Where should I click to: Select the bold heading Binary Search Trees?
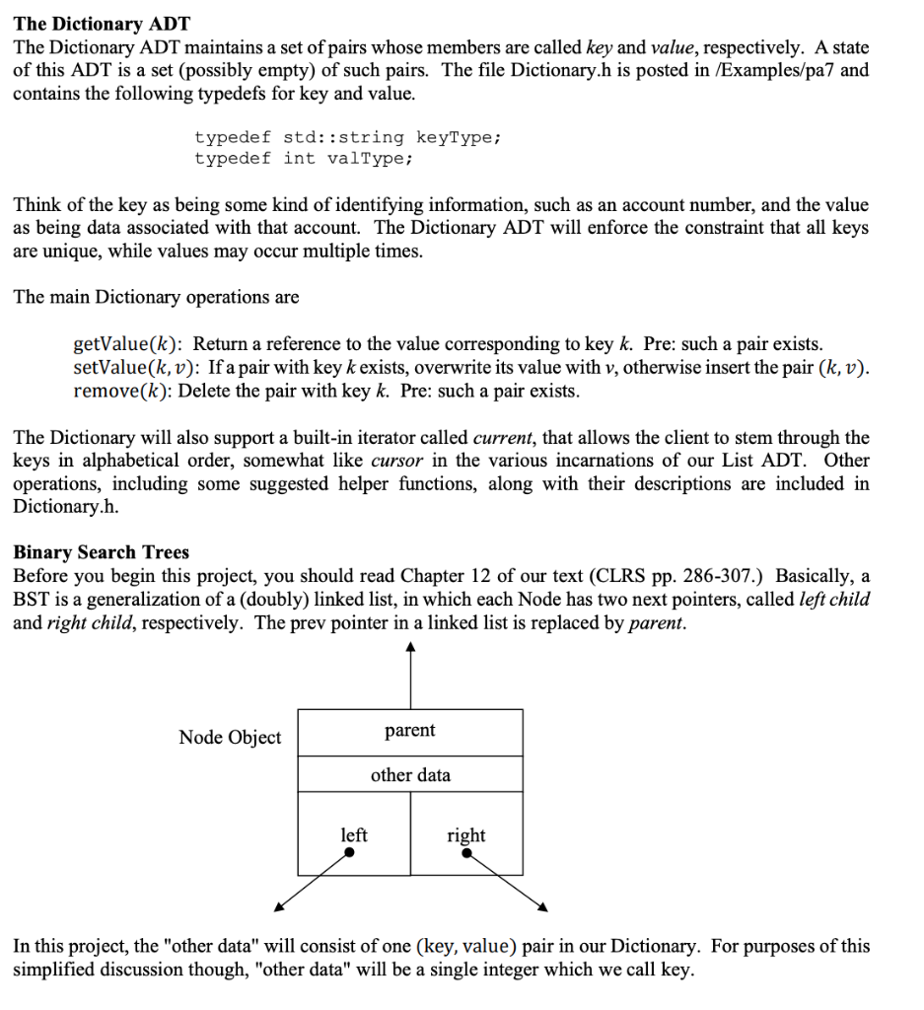click(x=101, y=551)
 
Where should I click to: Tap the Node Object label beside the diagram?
click(x=230, y=737)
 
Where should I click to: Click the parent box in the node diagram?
click(x=410, y=731)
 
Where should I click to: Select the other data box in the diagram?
click(x=410, y=775)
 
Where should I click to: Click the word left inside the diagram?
click(x=354, y=834)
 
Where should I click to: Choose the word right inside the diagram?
click(x=465, y=835)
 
